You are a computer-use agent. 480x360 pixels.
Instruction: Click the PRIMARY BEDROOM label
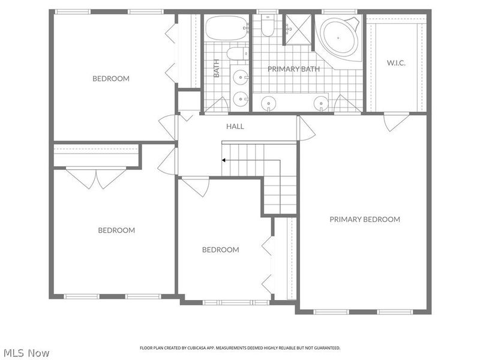tap(364, 220)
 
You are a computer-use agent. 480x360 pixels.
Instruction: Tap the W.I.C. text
tap(397, 62)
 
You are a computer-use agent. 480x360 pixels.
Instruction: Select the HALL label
tap(235, 127)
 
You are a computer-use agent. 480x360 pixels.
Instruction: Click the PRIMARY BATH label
tap(293, 69)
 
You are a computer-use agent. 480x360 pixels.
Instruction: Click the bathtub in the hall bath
tap(226, 26)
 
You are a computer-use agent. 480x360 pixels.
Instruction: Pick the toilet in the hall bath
tap(237, 54)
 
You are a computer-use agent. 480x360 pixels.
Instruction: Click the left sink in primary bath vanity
tap(269, 103)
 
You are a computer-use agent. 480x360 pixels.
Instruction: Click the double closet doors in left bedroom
tap(96, 178)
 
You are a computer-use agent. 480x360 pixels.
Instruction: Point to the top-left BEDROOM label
tap(110, 79)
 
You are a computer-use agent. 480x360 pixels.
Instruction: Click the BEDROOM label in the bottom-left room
tap(116, 230)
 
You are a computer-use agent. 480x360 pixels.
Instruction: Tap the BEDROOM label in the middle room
tap(220, 250)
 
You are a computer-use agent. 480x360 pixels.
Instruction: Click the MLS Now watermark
tap(28, 353)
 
